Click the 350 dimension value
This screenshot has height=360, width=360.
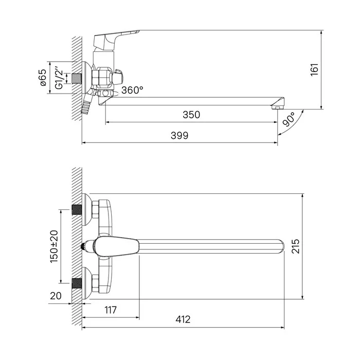coord(191,115)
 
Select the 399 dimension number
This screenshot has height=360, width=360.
coord(179,135)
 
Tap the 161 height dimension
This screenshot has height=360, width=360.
coord(314,69)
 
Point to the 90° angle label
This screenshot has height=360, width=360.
coord(289,119)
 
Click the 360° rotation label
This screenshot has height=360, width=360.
coord(132,90)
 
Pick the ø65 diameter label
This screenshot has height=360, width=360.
coord(43,77)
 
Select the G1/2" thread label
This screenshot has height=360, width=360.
coord(59,78)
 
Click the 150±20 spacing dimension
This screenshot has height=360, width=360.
coord(54,246)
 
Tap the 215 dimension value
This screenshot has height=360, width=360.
coord(296,246)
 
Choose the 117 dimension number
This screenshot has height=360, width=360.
coord(111,310)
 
